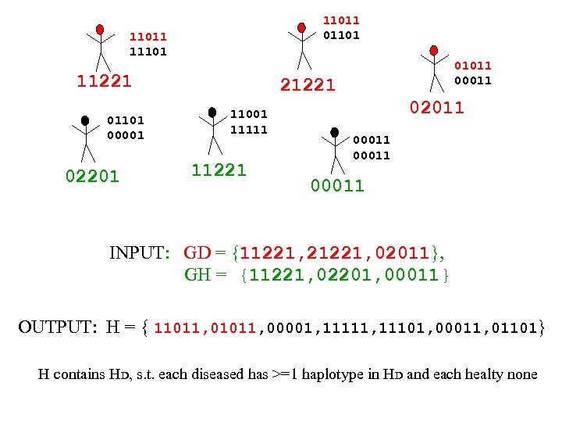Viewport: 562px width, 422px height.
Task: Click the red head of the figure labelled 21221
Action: pyautogui.click(x=301, y=28)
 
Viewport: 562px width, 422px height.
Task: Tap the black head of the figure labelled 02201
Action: pyautogui.click(x=85, y=121)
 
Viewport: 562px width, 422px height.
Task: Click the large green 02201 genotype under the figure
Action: pyautogui.click(x=92, y=177)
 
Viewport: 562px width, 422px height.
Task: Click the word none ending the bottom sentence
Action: pyautogui.click(x=522, y=374)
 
